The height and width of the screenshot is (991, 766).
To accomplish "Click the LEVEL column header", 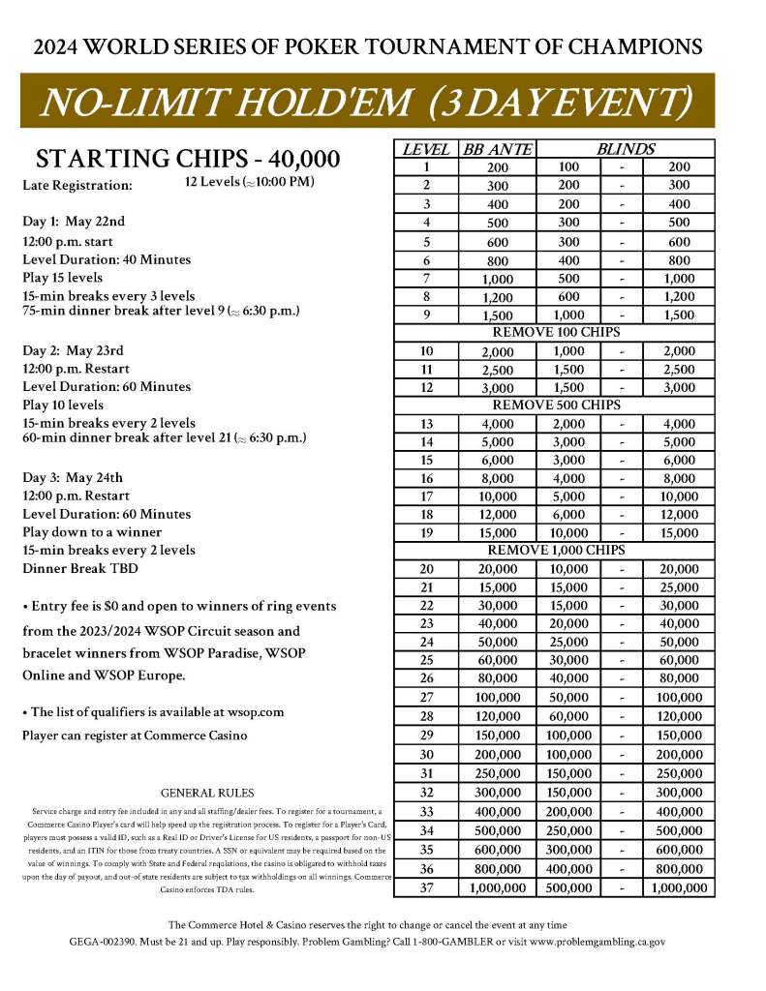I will click(424, 149).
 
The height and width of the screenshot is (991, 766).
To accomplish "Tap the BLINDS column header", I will click(625, 149).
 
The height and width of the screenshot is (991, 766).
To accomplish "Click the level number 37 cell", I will click(426, 887).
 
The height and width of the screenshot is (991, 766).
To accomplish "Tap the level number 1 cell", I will click(426, 167).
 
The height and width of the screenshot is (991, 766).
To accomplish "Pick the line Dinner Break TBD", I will click(79, 569).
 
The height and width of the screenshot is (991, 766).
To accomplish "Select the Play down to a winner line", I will click(92, 532).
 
